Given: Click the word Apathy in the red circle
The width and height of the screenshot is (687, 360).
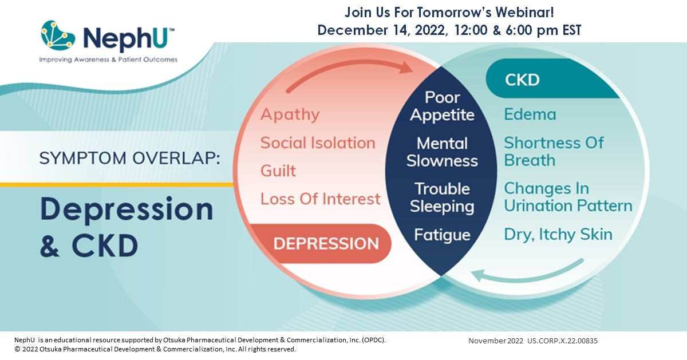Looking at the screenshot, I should (290, 114).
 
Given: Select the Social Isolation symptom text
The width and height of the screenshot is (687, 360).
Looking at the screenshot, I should (318, 143).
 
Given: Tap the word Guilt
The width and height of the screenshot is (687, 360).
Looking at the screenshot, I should (278, 171).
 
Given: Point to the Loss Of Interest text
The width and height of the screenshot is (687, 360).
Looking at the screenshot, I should (320, 199).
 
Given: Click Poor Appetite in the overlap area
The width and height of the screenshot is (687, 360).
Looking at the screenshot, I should (442, 106).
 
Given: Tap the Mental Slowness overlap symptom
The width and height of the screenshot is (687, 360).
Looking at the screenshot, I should (442, 152).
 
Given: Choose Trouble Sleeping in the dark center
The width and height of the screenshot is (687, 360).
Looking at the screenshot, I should (442, 197).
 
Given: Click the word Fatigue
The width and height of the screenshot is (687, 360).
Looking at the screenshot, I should (442, 235).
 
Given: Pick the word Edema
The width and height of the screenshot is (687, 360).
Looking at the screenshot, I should (530, 114).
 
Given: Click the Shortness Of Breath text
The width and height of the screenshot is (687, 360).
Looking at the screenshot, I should (553, 151).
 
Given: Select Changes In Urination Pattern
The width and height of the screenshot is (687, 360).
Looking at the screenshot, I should (567, 197).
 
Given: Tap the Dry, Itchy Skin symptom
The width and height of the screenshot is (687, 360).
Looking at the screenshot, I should (558, 234).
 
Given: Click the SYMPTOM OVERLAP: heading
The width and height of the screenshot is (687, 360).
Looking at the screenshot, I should (129, 159).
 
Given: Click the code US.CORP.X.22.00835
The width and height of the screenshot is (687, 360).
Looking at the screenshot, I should (562, 341).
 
